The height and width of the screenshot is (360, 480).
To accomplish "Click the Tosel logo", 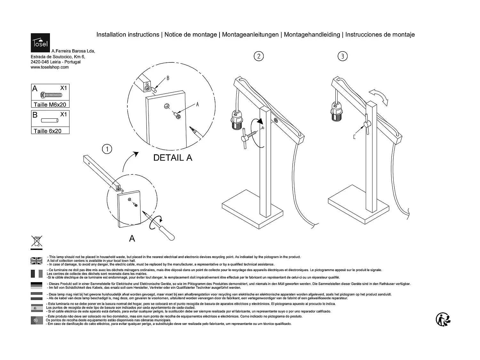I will coord(40,43).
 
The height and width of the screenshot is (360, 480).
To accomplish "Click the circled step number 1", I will coord(107,149).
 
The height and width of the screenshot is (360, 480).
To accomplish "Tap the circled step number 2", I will coord(259,56).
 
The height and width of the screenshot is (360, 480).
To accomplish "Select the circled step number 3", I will coord(342,56).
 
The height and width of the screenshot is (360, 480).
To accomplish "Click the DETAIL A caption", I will coord(173,158).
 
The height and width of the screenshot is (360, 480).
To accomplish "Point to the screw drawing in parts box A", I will coord(51,95).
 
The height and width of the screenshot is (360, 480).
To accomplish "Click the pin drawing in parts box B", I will coord(50,121).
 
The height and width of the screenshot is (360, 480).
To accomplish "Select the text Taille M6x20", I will coord(50,105).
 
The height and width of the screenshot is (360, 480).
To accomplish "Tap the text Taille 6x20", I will coord(47,131).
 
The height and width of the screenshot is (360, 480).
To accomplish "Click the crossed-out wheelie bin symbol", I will coord(36,241).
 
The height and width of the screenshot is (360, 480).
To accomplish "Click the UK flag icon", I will coord(36,261).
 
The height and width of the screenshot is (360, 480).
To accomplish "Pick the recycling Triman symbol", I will coord(444,319).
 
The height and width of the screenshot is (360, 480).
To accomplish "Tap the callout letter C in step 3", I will coord(354,137).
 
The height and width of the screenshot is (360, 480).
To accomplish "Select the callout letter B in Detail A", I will coord(168,78).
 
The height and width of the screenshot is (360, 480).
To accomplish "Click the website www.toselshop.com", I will coord(50,67).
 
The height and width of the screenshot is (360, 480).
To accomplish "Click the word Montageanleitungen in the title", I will coord(250,35).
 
